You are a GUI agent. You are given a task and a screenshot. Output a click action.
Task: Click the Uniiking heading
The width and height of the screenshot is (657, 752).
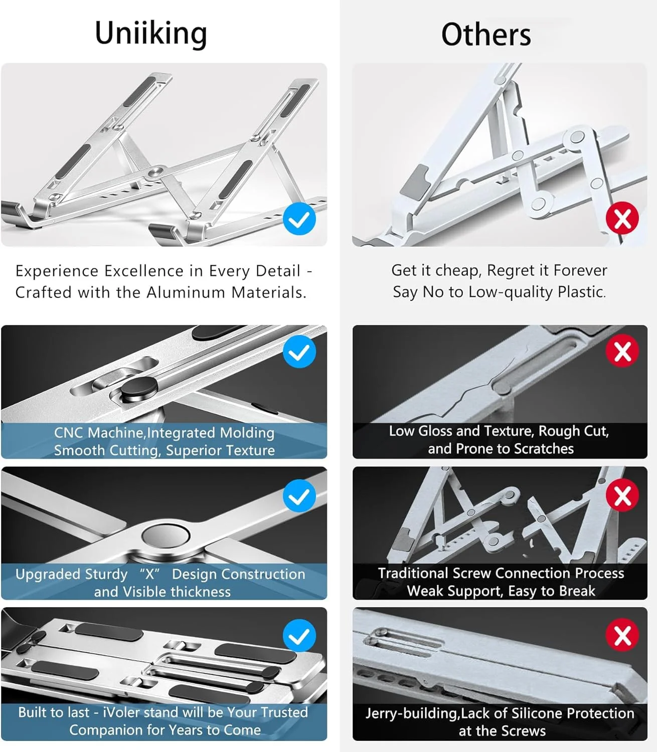tap(151, 34)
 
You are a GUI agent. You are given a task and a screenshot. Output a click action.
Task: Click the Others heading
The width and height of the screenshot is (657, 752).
tap(486, 34)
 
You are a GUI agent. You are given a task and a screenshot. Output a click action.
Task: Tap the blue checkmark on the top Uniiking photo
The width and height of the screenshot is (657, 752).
tap(299, 219)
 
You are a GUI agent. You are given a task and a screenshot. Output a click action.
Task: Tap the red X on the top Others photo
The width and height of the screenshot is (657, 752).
tap(622, 218)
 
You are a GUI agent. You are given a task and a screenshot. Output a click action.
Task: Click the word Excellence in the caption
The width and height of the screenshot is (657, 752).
tap(144, 271)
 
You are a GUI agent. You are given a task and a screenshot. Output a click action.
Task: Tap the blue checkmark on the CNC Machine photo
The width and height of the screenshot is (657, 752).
tap(299, 351)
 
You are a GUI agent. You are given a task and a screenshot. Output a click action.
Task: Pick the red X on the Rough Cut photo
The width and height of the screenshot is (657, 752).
tap(622, 350)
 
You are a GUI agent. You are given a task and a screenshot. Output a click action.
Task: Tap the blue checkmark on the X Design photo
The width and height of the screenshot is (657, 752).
tap(299, 496)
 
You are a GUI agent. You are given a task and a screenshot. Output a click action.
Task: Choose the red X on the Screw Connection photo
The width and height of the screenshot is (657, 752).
tap(622, 495)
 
